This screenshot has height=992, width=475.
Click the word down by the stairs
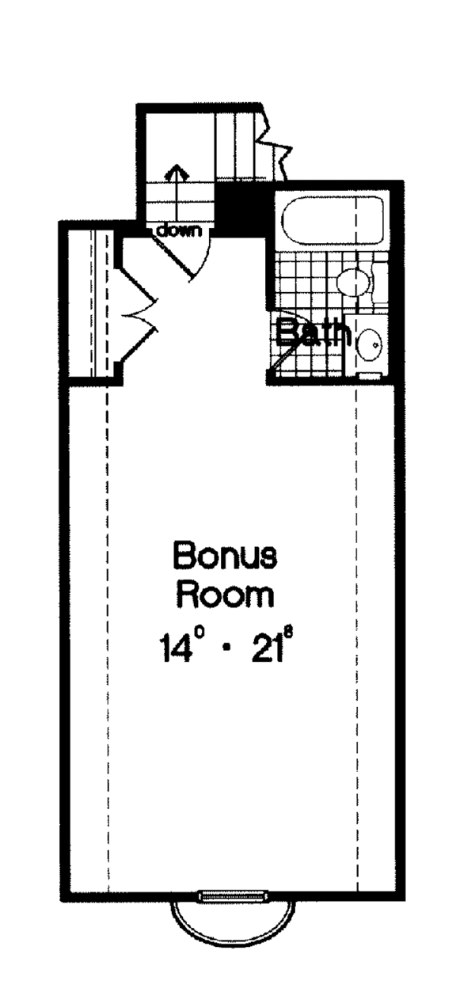[x=179, y=230]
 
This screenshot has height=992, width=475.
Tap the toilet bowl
[x=353, y=281]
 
